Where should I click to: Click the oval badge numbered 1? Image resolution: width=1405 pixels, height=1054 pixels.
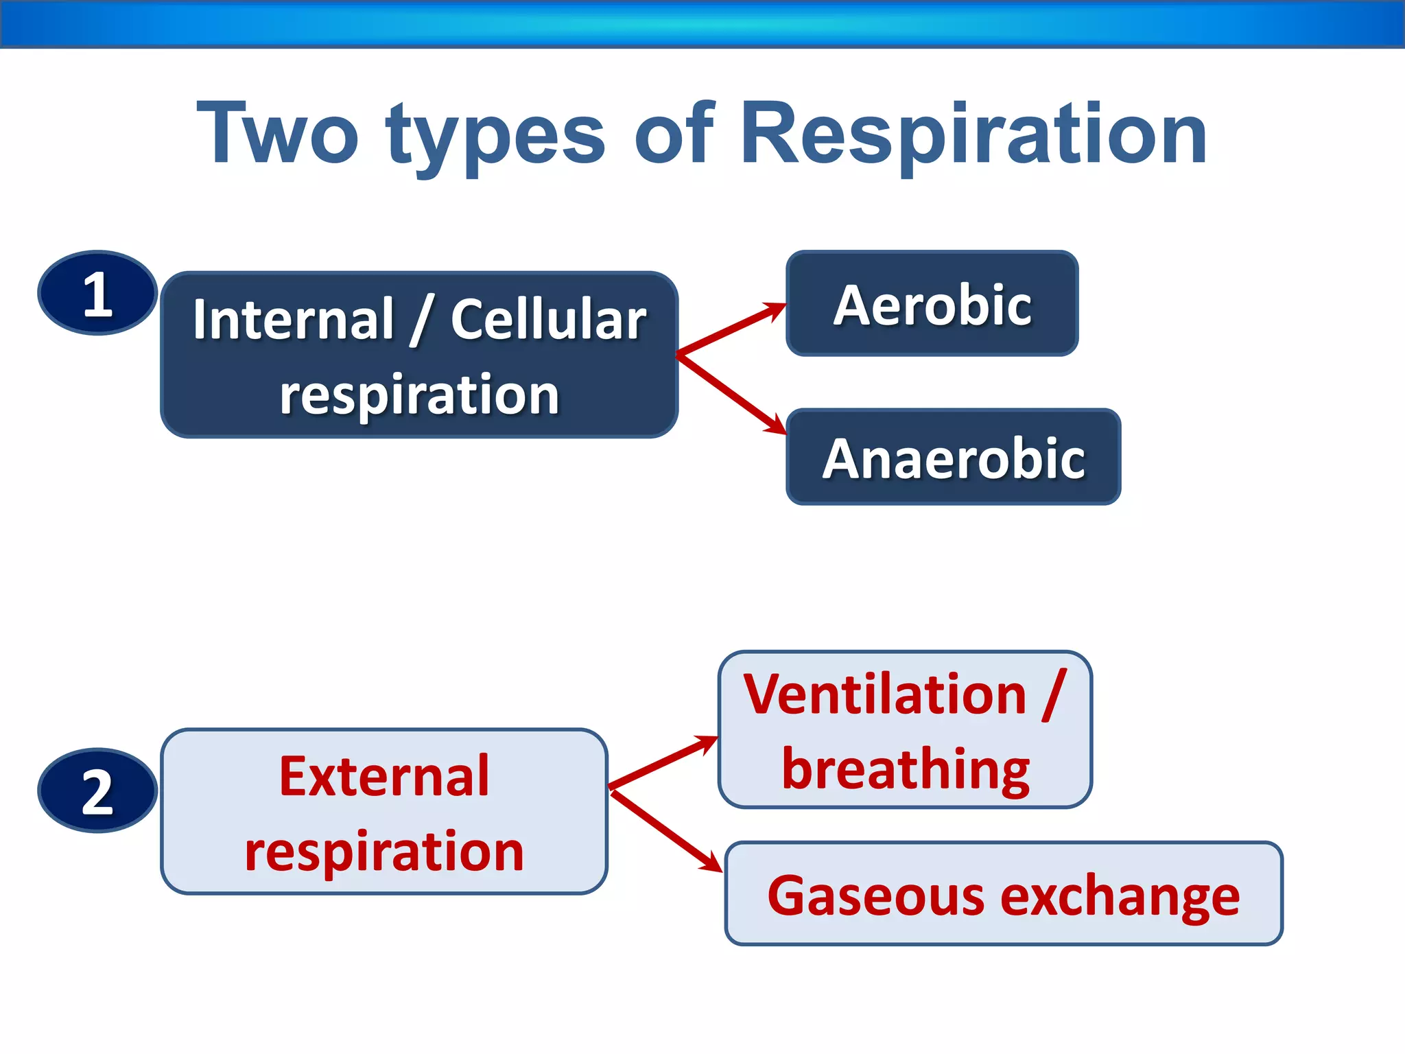pos(97,293)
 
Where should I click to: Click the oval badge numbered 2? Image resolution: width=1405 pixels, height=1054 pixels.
pos(97,790)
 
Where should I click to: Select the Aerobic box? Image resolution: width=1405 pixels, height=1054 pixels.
pos(932,303)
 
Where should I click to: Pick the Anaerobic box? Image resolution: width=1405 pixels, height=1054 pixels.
pos(953,457)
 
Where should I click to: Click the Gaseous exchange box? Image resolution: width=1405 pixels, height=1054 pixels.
pos(1003,893)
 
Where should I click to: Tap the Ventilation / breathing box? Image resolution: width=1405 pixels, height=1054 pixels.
pos(904,729)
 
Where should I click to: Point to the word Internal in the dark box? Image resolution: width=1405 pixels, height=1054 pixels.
pos(294,319)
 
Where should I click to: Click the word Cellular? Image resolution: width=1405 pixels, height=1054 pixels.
pos(548,319)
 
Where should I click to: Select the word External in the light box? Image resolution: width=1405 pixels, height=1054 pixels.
pos(384,776)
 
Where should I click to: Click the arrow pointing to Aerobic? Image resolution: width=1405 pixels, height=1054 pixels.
pos(731,329)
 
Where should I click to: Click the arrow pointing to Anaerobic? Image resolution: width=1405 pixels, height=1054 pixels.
pos(731,394)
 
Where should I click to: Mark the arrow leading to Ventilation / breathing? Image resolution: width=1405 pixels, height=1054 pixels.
pos(663,762)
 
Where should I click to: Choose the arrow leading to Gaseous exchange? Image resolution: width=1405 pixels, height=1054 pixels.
pos(665,830)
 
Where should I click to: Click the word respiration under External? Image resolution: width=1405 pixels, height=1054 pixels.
pos(384,851)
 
